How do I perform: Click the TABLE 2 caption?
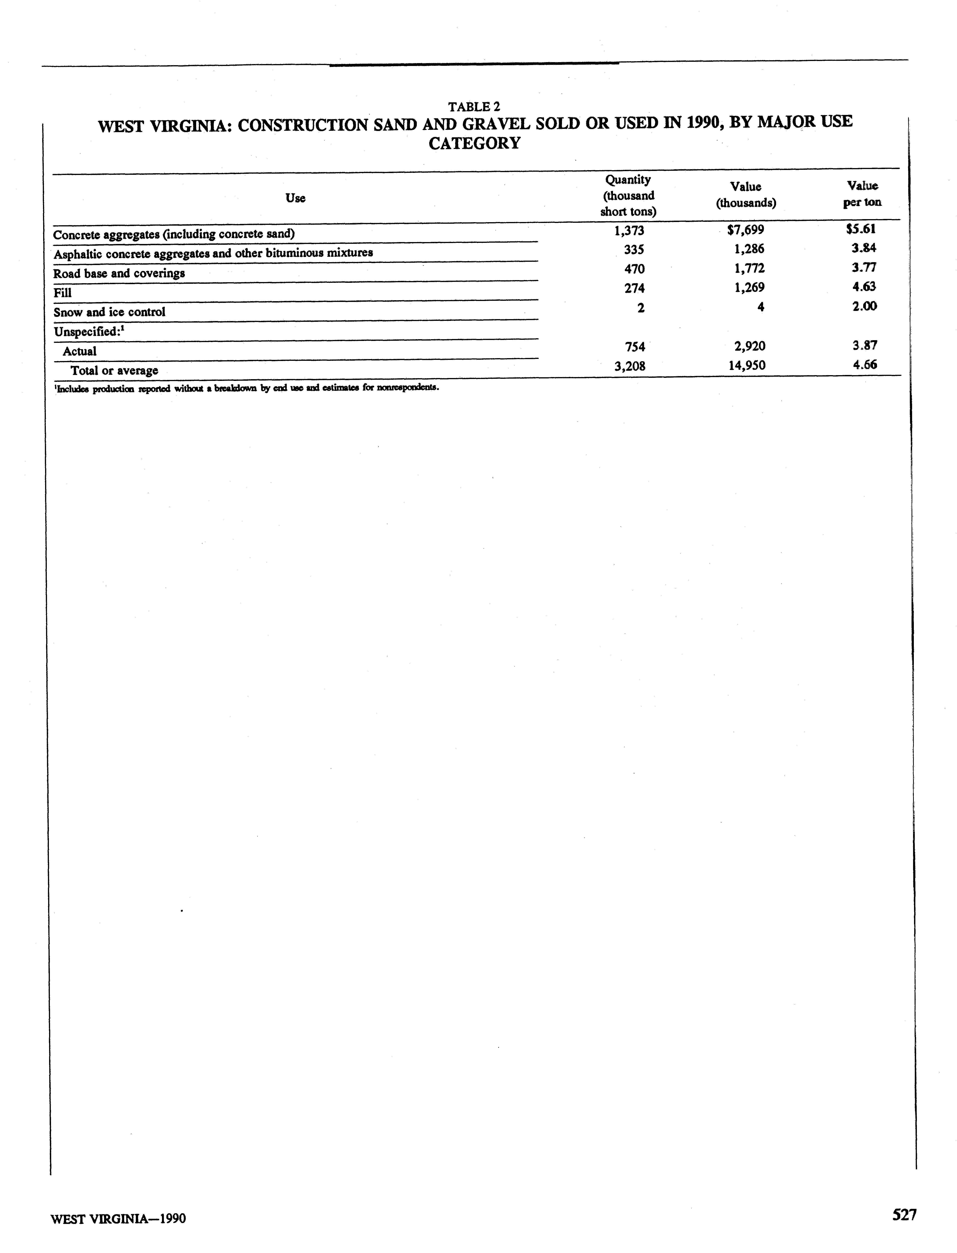click(474, 107)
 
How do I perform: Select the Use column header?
click(295, 198)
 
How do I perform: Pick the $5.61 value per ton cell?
click(861, 229)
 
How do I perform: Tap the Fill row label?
click(63, 293)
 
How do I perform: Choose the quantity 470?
click(634, 268)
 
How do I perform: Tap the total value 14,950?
click(747, 365)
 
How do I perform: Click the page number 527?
click(904, 1215)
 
